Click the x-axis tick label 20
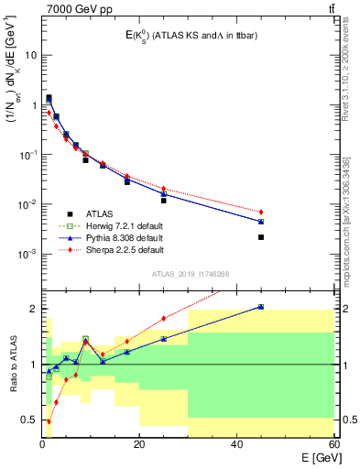click(x=139, y=445)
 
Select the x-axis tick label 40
click(x=236, y=445)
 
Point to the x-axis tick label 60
click(x=333, y=445)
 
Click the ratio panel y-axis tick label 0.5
click(x=31, y=420)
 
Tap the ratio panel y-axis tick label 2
click(x=35, y=309)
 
